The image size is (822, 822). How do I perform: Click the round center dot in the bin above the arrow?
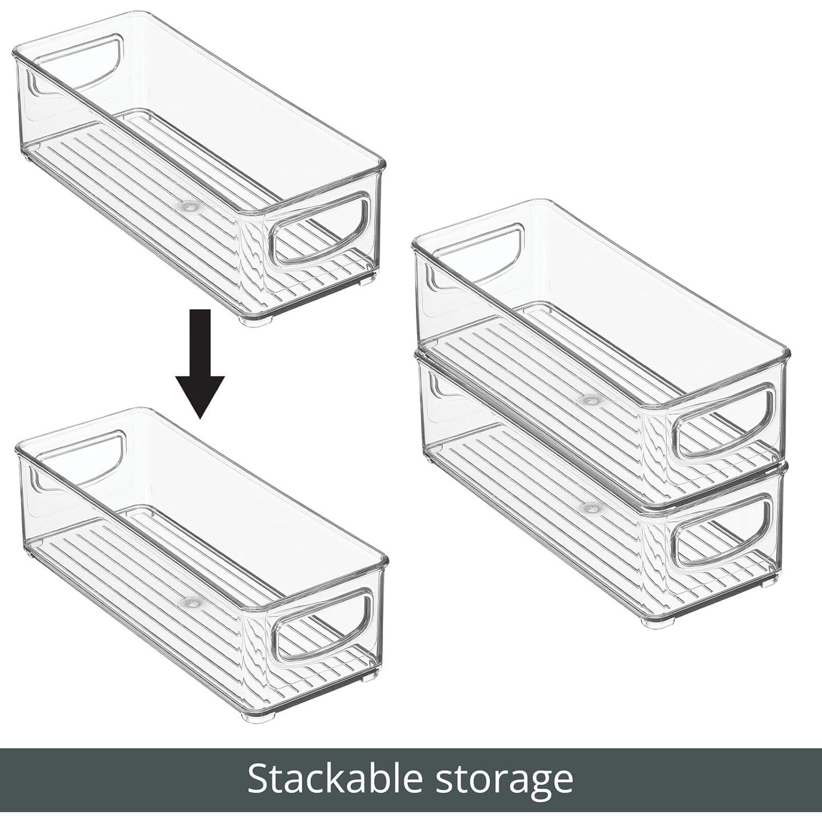(x=190, y=207)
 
